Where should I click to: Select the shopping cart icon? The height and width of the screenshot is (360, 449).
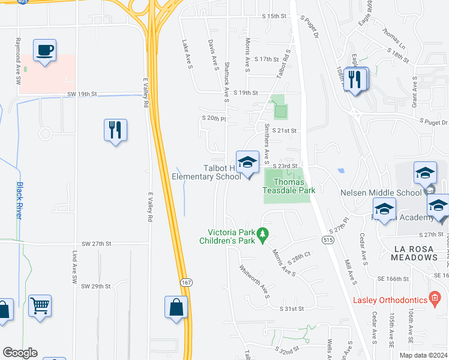click(40, 306)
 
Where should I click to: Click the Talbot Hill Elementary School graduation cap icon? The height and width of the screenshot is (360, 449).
click(247, 162)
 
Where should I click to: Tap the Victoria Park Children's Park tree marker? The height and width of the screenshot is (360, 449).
click(262, 232)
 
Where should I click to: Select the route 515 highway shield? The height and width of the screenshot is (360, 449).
click(327, 240)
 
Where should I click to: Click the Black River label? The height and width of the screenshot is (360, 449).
click(19, 200)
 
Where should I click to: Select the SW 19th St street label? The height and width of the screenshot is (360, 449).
click(82, 94)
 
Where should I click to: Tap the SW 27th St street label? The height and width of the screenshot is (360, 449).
click(97, 244)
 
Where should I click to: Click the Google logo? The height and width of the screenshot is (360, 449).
click(20, 353)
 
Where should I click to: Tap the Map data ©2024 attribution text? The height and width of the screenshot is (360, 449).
click(423, 355)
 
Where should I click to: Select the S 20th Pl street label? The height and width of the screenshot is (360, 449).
click(214, 119)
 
